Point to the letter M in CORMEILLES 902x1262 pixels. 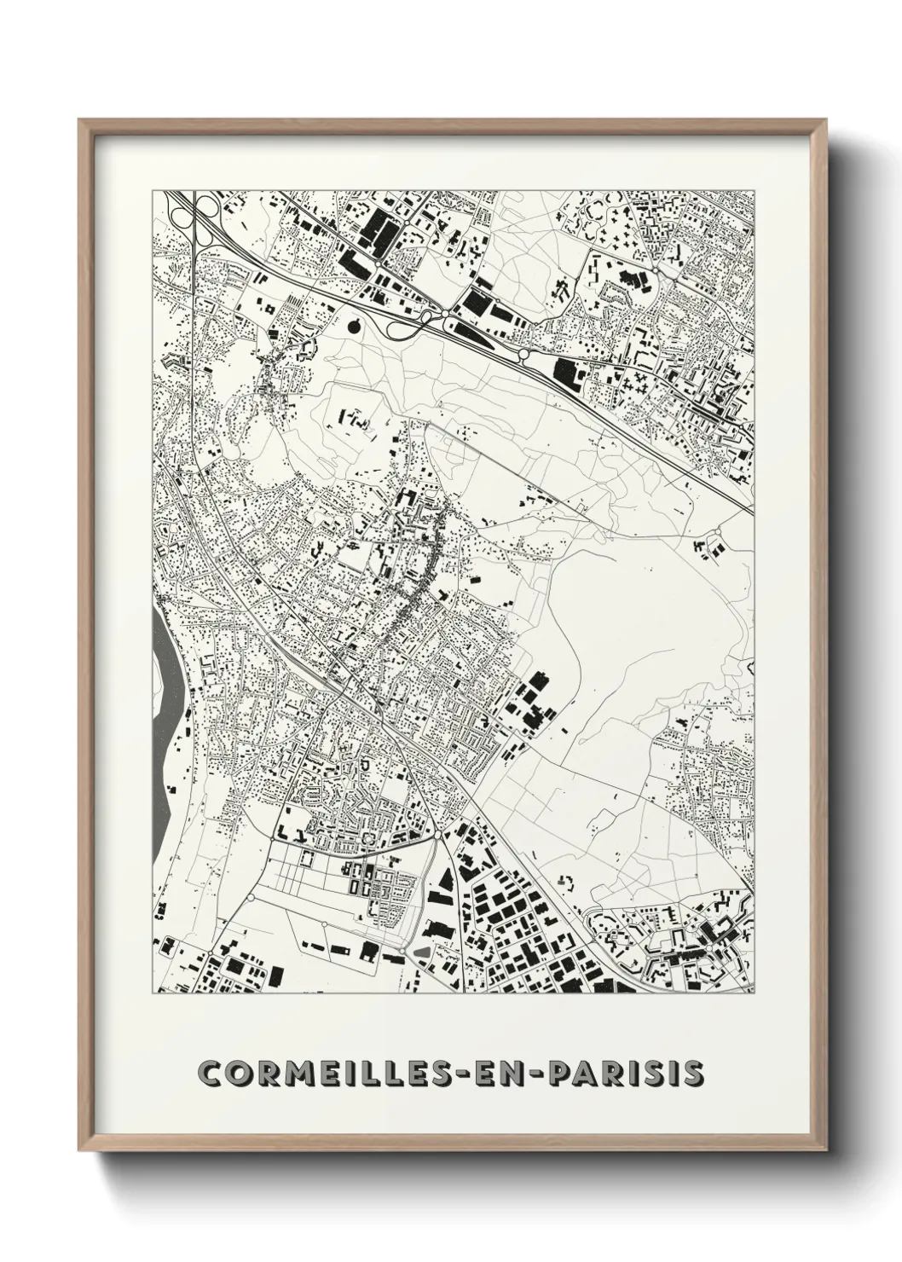tap(287, 1073)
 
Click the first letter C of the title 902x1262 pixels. tap(209, 1073)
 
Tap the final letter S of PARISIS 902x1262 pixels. tap(694, 1073)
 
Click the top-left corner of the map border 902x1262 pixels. tap(153, 190)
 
